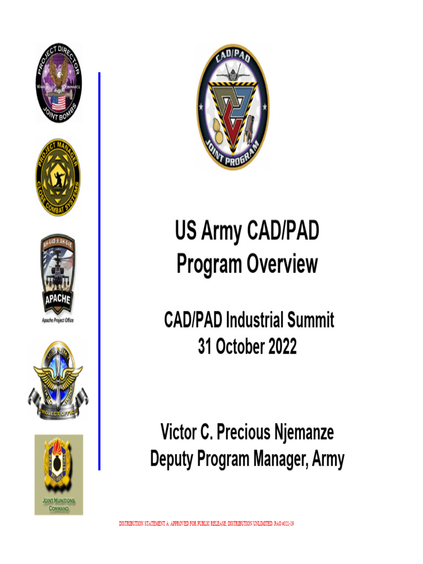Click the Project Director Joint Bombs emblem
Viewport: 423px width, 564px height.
click(x=58, y=84)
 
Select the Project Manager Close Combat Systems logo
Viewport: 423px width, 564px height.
click(x=58, y=177)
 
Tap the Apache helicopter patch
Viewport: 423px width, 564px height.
click(x=58, y=274)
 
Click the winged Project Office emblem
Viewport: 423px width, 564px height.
click(x=58, y=380)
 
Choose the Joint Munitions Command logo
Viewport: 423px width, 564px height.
click(x=58, y=474)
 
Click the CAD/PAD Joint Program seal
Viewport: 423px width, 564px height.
click(x=233, y=107)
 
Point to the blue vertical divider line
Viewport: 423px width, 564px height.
click(x=99, y=270)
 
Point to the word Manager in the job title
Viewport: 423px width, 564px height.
click(x=280, y=459)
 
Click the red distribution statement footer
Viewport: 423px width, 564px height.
click(x=207, y=523)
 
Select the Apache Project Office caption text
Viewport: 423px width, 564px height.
click(x=58, y=320)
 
